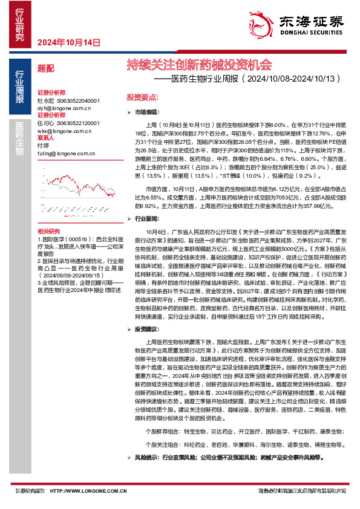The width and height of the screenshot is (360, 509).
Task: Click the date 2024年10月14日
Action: point(68,42)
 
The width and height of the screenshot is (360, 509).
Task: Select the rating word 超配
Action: point(45,70)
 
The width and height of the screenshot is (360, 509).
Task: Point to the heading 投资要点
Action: point(142,97)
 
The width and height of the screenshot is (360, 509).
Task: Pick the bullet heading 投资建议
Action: point(146,329)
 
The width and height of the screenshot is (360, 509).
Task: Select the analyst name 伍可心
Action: point(45,123)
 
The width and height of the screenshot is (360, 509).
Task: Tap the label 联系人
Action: point(46,138)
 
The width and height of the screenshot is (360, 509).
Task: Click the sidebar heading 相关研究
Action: point(49,215)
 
